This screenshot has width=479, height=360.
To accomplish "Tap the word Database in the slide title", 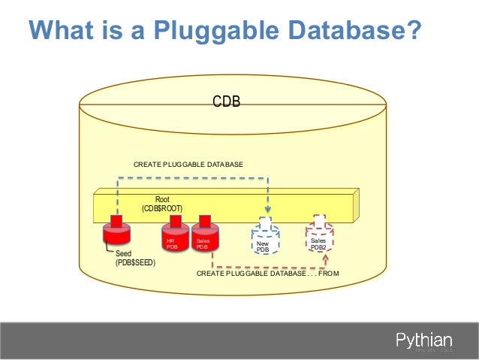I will [335, 32].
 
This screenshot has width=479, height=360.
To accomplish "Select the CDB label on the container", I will [226, 101].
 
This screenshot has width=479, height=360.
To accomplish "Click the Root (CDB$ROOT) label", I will [162, 203].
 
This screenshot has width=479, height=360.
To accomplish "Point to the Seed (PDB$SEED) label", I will [135, 259].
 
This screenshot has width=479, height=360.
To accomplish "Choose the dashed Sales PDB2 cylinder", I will [318, 240].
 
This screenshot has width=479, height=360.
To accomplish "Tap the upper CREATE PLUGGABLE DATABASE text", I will [188, 164].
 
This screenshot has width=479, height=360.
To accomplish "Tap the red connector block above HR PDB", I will [175, 221].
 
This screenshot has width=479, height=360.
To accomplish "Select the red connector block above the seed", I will [116, 221].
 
